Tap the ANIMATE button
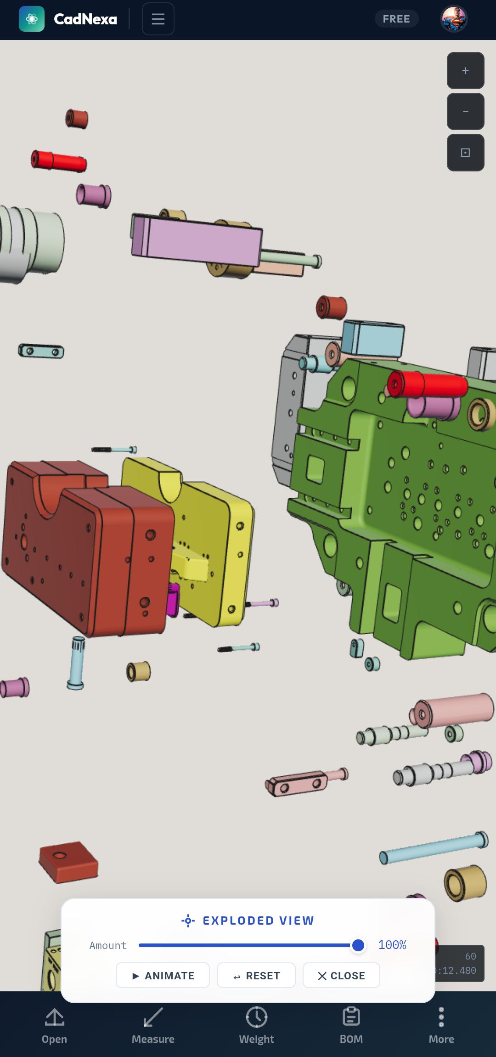click(x=163, y=975)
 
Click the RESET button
click(x=256, y=975)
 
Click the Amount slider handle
click(x=358, y=945)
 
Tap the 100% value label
click(x=392, y=945)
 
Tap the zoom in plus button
click(x=465, y=70)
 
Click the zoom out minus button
click(x=465, y=111)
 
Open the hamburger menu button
click(x=158, y=19)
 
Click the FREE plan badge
click(x=396, y=19)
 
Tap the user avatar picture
click(x=454, y=19)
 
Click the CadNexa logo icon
click(x=32, y=19)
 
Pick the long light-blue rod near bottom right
click(x=433, y=847)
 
